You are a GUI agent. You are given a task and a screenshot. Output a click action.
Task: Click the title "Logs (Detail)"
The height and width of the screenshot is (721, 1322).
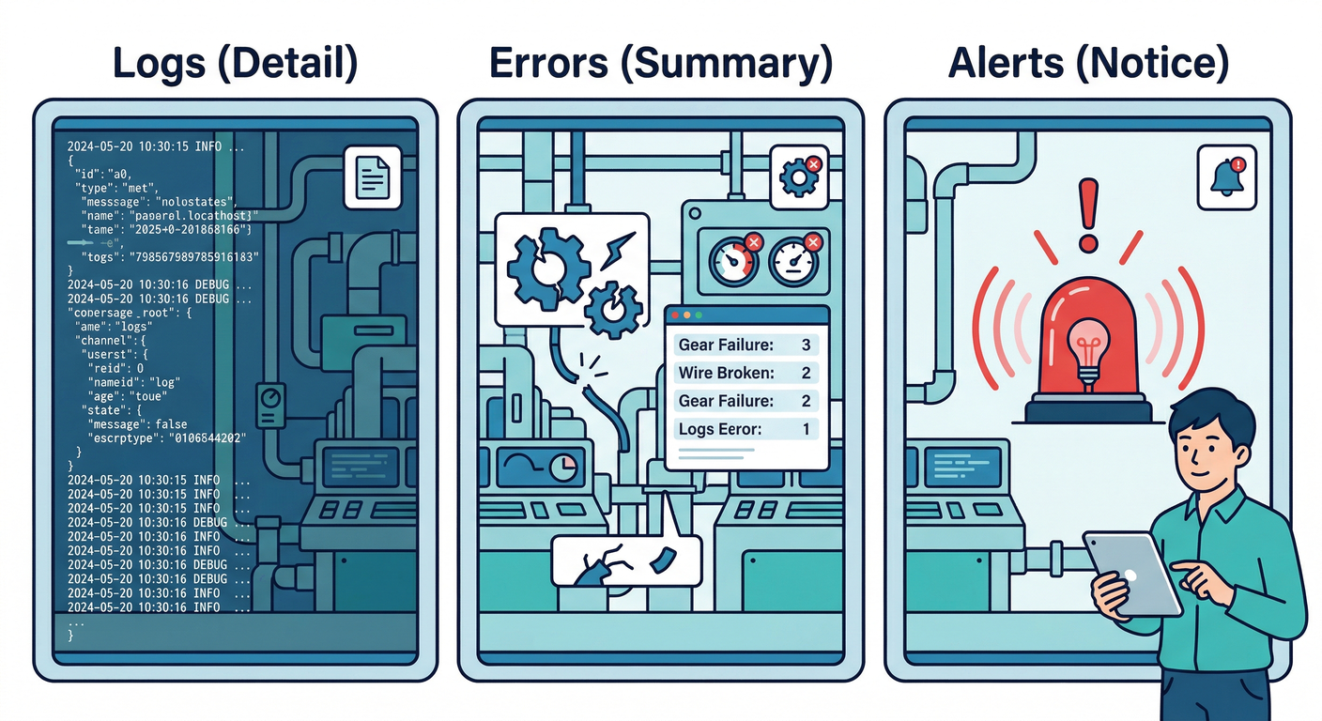(235, 62)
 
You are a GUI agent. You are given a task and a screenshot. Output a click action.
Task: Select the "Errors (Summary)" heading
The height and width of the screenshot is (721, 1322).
(660, 62)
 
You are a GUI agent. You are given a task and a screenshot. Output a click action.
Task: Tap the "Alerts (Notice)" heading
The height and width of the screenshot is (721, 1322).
(1088, 62)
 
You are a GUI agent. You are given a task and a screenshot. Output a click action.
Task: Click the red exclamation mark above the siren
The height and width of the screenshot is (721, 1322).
(1088, 214)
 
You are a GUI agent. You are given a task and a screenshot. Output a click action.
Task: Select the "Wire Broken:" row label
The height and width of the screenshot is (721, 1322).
(727, 373)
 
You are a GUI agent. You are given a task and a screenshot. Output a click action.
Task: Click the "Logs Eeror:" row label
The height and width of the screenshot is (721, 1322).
(720, 430)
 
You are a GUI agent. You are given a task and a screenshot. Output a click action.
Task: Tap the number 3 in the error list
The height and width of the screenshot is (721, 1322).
(806, 345)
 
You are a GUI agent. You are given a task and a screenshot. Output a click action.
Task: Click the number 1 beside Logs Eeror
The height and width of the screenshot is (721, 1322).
(806, 430)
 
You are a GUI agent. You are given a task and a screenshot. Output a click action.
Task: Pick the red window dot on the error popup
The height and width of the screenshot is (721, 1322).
(674, 316)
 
